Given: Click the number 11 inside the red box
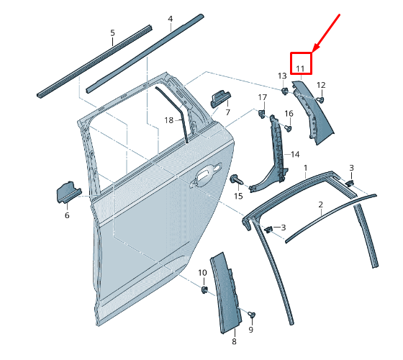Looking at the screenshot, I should [301, 69].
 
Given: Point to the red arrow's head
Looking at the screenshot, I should [312, 51].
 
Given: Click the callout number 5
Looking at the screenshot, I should [112, 33].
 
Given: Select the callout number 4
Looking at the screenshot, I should [170, 19].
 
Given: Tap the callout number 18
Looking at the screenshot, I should [168, 120].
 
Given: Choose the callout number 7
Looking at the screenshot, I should [227, 112].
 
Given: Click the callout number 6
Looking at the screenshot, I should [67, 215].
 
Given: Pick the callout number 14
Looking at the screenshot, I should [294, 154].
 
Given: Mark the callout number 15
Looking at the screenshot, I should [238, 196].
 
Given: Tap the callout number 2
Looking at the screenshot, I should [320, 204].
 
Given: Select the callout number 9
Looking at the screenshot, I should [251, 330].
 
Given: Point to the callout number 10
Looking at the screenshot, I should [202, 273].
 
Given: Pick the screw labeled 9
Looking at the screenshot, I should [252, 315].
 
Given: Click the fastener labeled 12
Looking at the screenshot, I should [320, 99].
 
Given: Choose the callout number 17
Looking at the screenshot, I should [263, 98].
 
